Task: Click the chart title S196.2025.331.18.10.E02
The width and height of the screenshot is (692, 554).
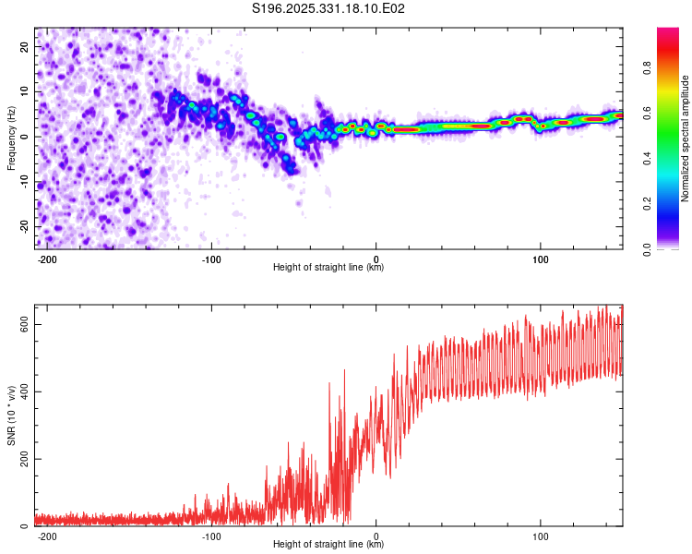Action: click(x=329, y=9)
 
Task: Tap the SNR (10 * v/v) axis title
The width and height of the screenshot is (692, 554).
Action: click(x=12, y=415)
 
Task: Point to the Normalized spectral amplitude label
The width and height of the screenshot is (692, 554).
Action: click(x=686, y=138)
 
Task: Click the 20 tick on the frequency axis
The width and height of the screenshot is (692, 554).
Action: click(x=25, y=46)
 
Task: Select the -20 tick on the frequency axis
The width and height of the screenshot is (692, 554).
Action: click(x=23, y=226)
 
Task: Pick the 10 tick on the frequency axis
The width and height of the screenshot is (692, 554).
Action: click(x=25, y=91)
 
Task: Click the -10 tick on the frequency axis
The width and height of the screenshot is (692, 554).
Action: click(x=23, y=182)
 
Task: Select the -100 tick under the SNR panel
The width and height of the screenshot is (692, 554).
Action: click(x=211, y=536)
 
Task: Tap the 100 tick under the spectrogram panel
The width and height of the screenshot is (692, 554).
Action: click(x=541, y=259)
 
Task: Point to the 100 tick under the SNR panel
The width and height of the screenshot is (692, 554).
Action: click(x=541, y=536)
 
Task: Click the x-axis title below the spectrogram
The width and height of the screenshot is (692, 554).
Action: click(x=328, y=268)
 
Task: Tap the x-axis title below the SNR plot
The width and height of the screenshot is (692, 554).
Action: click(x=328, y=545)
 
